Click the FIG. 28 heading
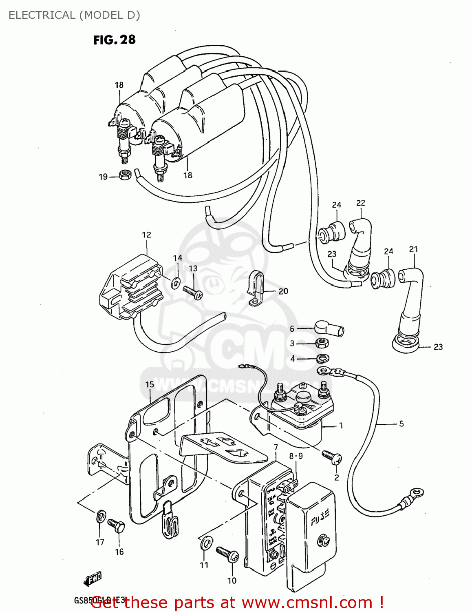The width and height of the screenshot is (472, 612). click(x=114, y=40)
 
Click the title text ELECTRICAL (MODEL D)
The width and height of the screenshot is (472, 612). click(x=74, y=15)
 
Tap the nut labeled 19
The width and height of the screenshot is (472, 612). click(x=125, y=175)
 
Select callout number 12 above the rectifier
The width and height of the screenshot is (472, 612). click(x=146, y=235)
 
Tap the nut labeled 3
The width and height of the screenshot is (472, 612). click(x=322, y=343)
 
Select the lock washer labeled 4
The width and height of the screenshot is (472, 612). click(x=323, y=359)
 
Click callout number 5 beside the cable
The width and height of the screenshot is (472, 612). click(x=401, y=424)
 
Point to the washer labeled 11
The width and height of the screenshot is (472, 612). click(x=206, y=543)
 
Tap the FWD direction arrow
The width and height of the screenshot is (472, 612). click(x=92, y=579)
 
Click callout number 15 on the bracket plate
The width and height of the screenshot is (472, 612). click(x=150, y=384)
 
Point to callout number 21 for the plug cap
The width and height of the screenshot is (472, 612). click(x=413, y=249)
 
